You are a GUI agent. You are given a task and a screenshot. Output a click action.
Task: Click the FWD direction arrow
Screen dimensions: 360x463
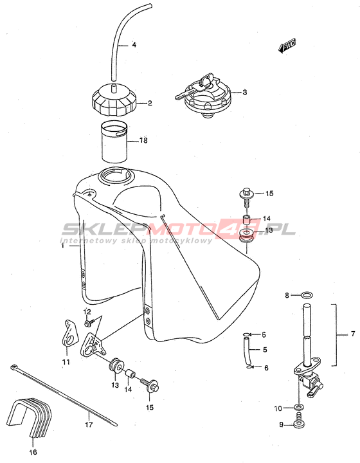coord(287,46)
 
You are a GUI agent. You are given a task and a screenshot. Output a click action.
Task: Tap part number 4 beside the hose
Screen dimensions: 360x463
coord(134,45)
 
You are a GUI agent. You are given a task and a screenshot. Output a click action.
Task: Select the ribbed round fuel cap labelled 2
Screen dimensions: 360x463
coord(114,100)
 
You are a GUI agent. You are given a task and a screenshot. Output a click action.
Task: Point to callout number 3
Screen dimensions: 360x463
coord(245,92)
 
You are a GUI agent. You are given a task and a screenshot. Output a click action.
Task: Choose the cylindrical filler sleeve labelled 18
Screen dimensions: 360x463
coord(114,142)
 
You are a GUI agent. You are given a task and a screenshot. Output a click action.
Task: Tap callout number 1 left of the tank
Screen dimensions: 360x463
coord(62,246)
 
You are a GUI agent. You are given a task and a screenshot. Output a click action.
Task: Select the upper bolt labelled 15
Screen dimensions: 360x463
coord(246,199)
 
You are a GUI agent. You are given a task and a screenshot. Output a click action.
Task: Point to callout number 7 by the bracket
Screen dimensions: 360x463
coord(353,334)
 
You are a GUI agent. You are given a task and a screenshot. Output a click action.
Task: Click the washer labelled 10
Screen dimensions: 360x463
coord(299,408)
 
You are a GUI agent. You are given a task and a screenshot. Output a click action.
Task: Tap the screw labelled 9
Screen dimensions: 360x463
coord(300,421)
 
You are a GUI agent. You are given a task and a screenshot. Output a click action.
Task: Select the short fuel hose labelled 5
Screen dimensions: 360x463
coord(247,350)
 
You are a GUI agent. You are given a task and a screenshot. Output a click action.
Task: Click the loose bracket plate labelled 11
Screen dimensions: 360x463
coord(70,332)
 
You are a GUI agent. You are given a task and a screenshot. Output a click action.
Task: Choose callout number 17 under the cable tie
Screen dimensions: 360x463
coord(89,424)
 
